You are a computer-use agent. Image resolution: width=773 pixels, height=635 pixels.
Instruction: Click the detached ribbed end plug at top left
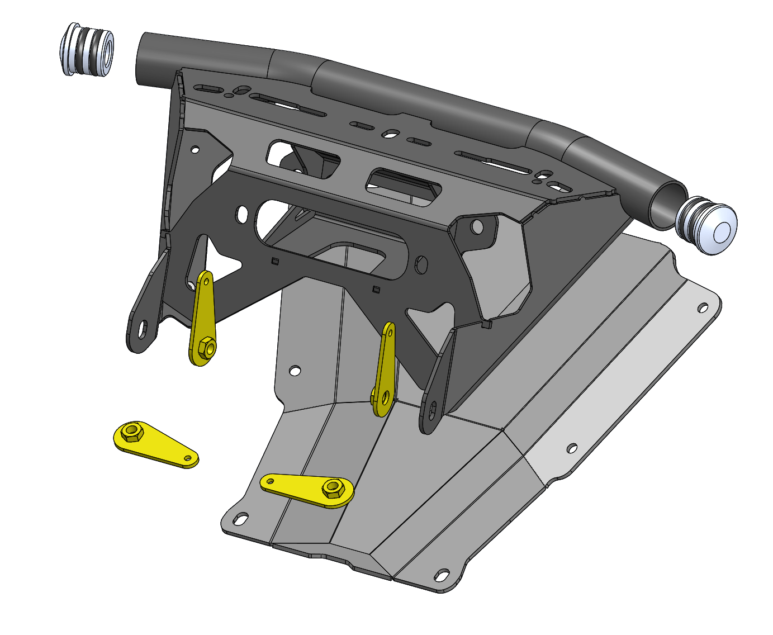tap(87, 49)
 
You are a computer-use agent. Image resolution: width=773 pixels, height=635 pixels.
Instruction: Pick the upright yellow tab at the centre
tap(385, 369)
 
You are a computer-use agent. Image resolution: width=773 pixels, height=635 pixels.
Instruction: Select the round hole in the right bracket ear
tap(477, 226)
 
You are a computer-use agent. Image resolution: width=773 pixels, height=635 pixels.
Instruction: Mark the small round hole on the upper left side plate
tap(195, 150)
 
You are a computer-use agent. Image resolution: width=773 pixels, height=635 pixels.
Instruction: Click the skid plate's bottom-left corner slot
tap(241, 519)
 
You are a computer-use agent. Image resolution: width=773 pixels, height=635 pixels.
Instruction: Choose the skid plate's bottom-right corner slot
tap(442, 575)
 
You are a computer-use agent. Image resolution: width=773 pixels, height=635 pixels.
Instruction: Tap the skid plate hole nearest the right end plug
tap(703, 307)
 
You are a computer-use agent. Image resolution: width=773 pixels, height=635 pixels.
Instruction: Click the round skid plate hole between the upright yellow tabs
tap(295, 371)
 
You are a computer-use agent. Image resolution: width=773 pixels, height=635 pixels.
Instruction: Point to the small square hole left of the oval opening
tap(274, 260)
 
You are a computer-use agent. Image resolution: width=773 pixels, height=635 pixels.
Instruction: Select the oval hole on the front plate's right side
tap(421, 264)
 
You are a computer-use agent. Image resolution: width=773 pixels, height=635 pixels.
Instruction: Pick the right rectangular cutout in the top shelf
tap(404, 185)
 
